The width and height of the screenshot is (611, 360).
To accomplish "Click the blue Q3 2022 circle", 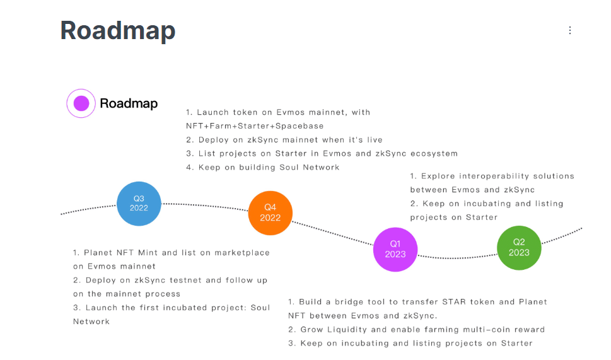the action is pos(139,204).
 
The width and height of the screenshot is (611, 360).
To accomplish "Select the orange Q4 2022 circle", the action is pos(270,212).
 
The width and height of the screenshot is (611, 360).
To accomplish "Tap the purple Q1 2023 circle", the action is pos(395,249).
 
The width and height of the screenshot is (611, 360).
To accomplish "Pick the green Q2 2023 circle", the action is pos(519,248).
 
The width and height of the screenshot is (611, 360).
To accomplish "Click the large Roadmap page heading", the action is pos(118,30).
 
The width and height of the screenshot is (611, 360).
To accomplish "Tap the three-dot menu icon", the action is pos(569,30).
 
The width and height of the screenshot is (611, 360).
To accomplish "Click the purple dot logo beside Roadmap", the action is pos(81,103).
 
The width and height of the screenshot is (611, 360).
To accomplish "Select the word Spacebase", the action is pos(300,126).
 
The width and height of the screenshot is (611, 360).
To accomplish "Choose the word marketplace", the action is pos(242,253).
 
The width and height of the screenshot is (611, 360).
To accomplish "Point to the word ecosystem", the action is pos(434,154).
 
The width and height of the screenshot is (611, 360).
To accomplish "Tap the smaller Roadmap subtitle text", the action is pos(129,103).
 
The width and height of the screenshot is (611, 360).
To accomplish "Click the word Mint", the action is pos(148,253).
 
